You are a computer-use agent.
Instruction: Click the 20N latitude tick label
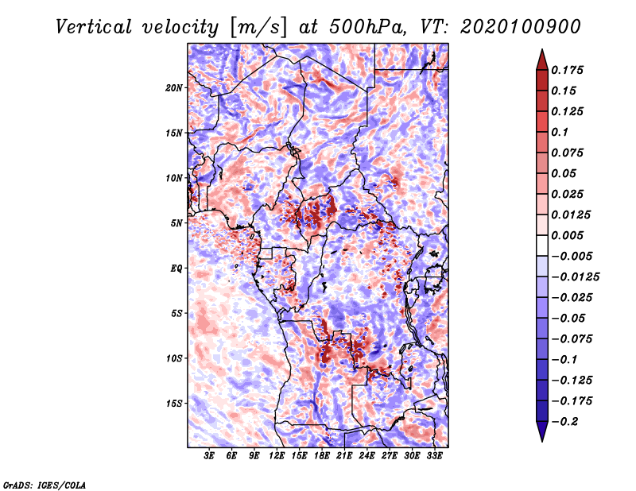pyautogui.click(x=173, y=88)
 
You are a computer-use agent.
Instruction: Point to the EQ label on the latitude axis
pyautogui.click(x=176, y=269)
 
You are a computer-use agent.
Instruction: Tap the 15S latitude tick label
pyautogui.click(x=173, y=404)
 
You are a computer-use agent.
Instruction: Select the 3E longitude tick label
pyautogui.click(x=209, y=456)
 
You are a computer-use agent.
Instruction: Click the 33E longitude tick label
pyautogui.click(x=434, y=456)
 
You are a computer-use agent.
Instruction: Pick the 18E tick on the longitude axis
pyautogui.click(x=322, y=456)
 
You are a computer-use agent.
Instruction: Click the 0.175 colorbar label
pyautogui.click(x=567, y=70)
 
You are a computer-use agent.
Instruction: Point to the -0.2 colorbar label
pyautogui.click(x=564, y=422)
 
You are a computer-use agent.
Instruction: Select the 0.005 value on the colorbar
pyautogui.click(x=567, y=235)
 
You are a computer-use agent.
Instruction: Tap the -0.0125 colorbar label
pyautogui.click(x=575, y=277)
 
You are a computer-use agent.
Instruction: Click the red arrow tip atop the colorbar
pyautogui.click(x=542, y=50)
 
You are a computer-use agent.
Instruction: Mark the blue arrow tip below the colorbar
pyautogui.click(x=542, y=440)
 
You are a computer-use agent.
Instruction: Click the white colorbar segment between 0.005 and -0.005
pyautogui.click(x=542, y=246)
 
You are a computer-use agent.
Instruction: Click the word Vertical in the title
pyautogui.click(x=94, y=27)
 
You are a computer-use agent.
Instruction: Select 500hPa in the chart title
pyautogui.click(x=367, y=27)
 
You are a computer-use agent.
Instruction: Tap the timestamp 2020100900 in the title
pyautogui.click(x=521, y=27)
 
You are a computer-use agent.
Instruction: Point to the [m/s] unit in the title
pyautogui.click(x=258, y=28)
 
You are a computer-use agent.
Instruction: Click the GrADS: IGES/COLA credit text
pyautogui.click(x=45, y=485)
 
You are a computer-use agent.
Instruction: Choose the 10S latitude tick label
pyautogui.click(x=173, y=358)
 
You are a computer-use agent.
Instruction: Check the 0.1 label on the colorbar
pyautogui.click(x=560, y=132)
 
